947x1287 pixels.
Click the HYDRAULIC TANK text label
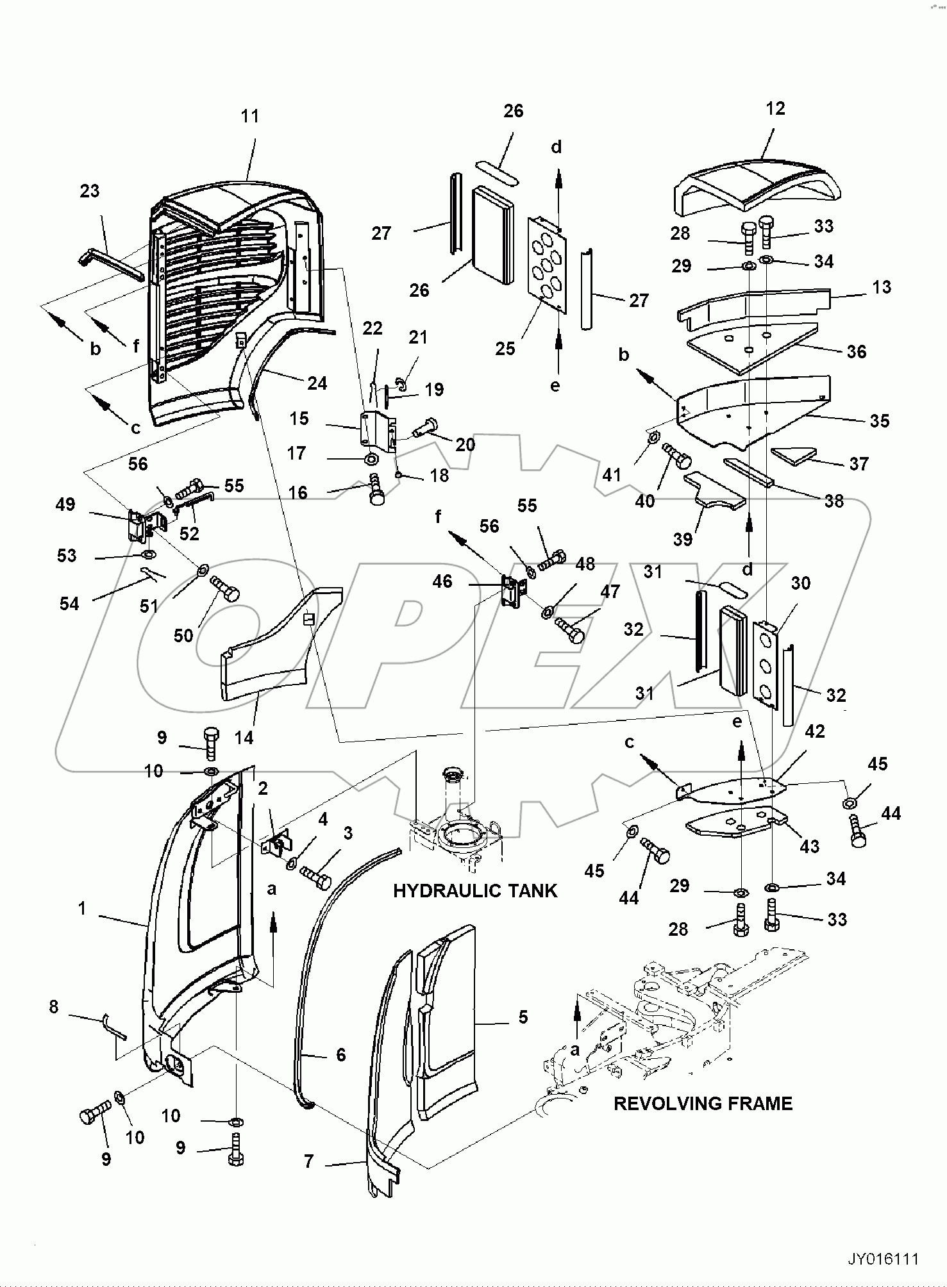pyautogui.click(x=475, y=891)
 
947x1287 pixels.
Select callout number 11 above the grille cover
pyautogui.click(x=250, y=116)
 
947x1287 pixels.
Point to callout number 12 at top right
pyautogui.click(x=775, y=108)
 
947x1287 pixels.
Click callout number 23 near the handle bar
pyautogui.click(x=90, y=191)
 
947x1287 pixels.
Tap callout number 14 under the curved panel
pyautogui.click(x=244, y=738)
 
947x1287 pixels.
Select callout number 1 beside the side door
pyautogui.click(x=82, y=908)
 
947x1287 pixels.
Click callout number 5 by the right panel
pyautogui.click(x=523, y=1017)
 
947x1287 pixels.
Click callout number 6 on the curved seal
pyautogui.click(x=340, y=1054)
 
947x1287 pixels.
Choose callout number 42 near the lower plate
pyautogui.click(x=814, y=731)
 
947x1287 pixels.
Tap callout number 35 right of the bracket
pyautogui.click(x=879, y=420)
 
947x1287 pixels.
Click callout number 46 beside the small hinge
pyautogui.click(x=442, y=581)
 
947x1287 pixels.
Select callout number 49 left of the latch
pyautogui.click(x=65, y=504)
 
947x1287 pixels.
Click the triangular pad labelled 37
pyautogui.click(x=792, y=454)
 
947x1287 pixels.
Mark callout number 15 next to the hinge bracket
pyautogui.click(x=299, y=419)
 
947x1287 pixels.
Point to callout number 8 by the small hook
pyautogui.click(x=53, y=1007)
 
